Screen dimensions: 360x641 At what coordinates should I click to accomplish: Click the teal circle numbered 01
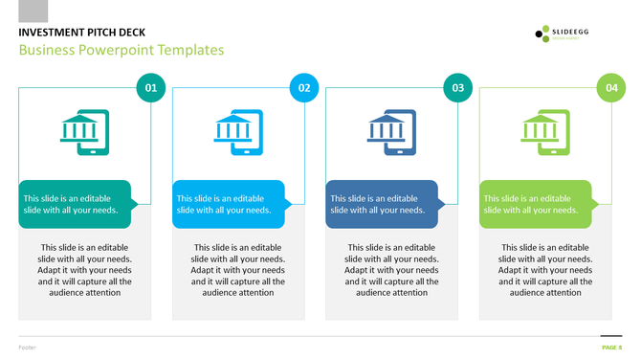150,88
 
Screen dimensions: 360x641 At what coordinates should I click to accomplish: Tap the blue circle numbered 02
304,88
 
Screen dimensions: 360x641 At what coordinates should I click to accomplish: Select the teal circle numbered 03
458,88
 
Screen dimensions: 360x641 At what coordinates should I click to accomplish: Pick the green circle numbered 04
611,88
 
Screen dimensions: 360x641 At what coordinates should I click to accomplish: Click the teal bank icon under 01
85,132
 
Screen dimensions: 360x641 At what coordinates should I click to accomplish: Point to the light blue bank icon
238,132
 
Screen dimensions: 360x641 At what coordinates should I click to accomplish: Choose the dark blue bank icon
392,132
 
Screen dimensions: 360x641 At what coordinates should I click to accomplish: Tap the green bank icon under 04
545,132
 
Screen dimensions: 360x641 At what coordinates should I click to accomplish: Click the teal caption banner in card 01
75,204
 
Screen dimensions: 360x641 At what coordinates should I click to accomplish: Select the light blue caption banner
229,204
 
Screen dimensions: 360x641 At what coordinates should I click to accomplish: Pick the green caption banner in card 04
536,204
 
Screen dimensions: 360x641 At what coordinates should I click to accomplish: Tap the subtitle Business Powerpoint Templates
121,50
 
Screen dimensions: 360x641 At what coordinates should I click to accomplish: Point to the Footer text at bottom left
27,347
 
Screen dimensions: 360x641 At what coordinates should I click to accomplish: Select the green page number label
611,347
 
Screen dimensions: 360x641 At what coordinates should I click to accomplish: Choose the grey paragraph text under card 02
238,270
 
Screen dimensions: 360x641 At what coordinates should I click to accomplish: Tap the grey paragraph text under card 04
545,270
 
